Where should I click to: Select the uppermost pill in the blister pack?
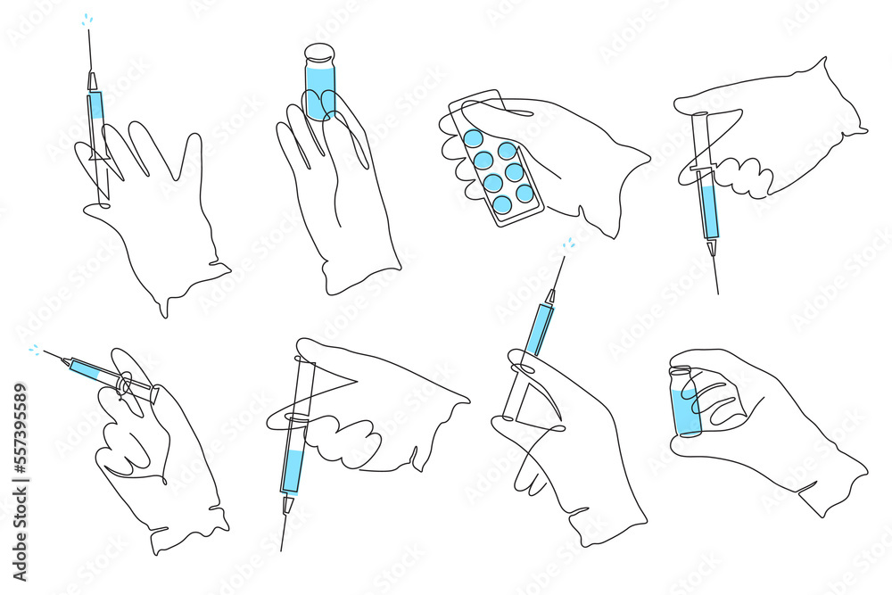pos(474,138)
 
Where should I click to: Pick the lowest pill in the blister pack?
pos(503,204)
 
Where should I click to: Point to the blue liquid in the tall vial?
pos(318,94)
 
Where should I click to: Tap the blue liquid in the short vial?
pos(686,415)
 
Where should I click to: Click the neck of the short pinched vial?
pos(682,373)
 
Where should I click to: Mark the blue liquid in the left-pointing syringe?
pos(89,369)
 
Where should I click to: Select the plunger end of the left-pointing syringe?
pos(155,393)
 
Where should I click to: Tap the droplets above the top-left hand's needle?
pos(87,19)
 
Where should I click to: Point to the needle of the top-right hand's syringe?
pos(715,272)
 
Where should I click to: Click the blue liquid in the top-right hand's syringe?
pos(708,213)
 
